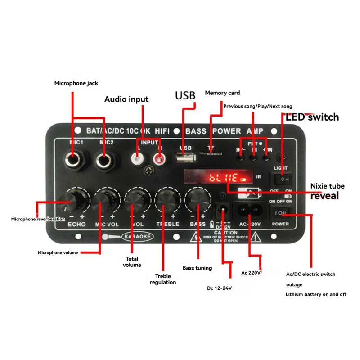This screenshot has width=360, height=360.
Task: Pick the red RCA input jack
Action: tap(158, 158)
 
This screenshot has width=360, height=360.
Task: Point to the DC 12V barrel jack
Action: tap(222, 209)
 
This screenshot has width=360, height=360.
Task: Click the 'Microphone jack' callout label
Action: tap(76, 83)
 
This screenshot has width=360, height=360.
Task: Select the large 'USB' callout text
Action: tap(185, 95)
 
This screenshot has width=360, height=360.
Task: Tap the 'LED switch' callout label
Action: tap(312, 117)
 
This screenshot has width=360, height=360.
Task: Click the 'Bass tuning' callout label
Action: tap(197, 268)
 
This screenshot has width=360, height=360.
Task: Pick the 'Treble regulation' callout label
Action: tap(163, 279)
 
